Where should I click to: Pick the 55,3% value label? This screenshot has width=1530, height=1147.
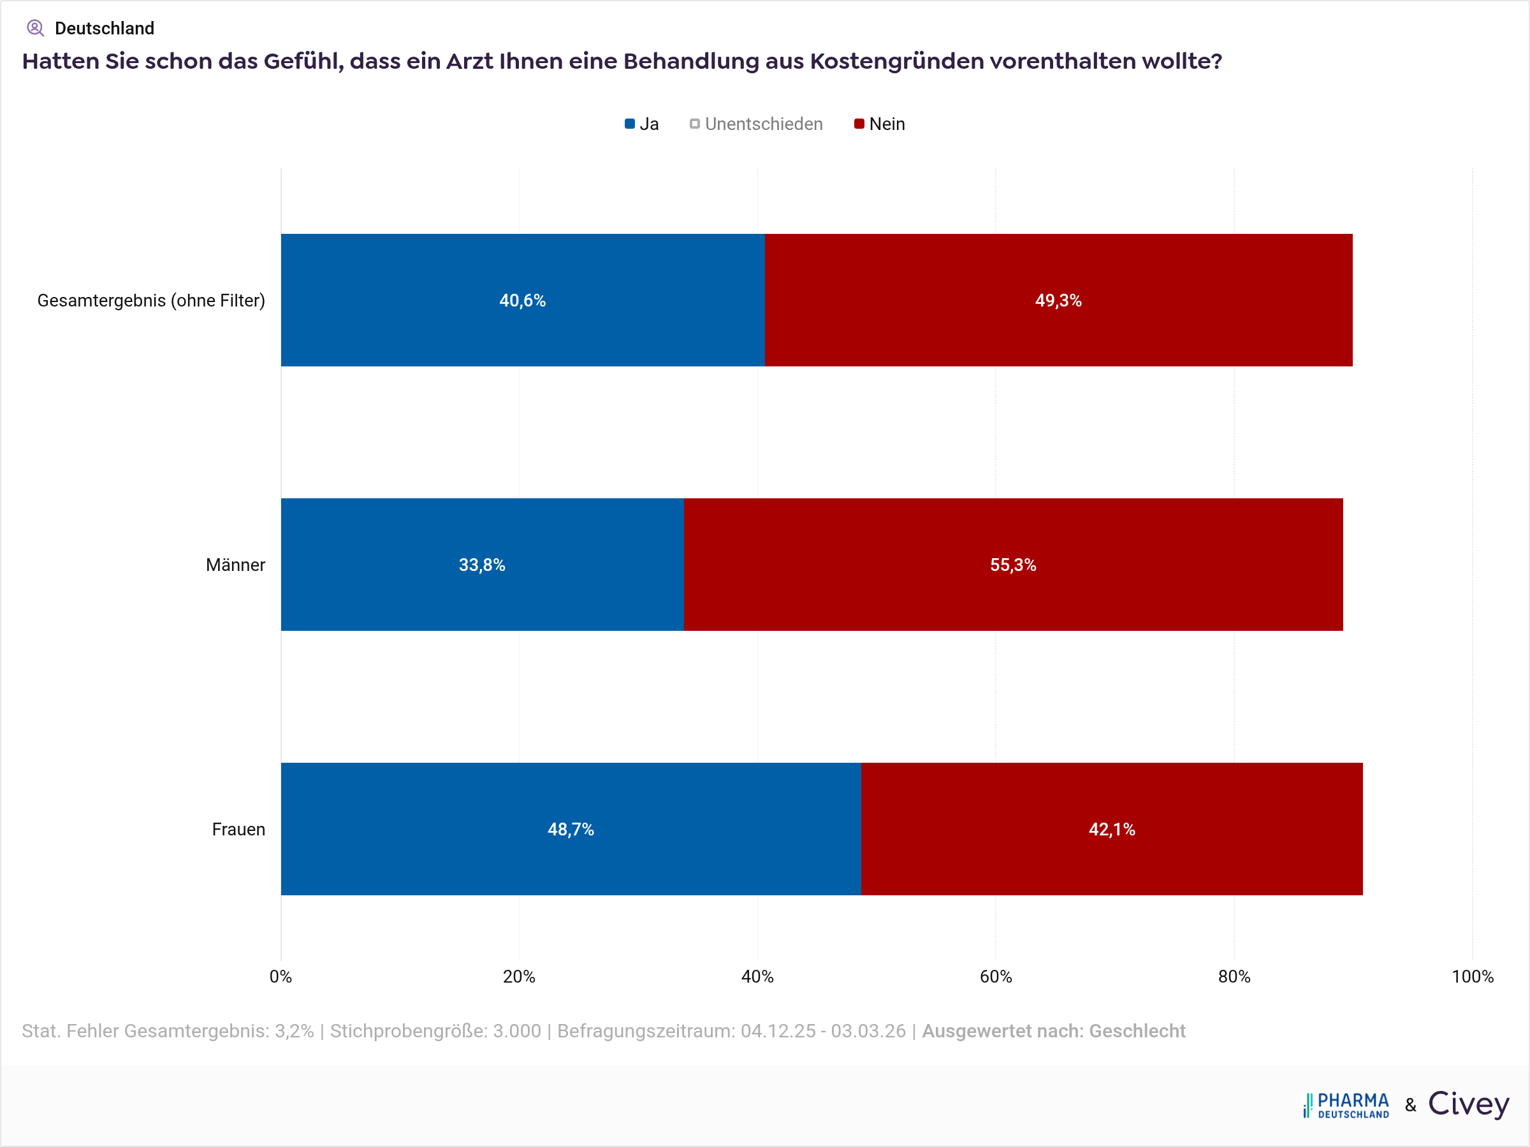1012,565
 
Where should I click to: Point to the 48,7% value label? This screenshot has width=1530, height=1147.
571,829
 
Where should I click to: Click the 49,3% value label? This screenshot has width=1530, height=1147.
1058,300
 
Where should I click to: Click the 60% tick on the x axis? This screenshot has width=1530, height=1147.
995,976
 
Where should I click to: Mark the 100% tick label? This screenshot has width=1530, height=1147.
1472,976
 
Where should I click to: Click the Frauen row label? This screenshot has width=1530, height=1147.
238,829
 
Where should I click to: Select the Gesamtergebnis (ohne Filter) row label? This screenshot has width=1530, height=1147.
151,300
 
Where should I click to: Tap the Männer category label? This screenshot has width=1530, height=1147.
235,565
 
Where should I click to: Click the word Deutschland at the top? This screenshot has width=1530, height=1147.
105,28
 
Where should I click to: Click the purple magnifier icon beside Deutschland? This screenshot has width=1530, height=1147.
35,28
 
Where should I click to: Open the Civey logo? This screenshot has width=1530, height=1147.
1468,1104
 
